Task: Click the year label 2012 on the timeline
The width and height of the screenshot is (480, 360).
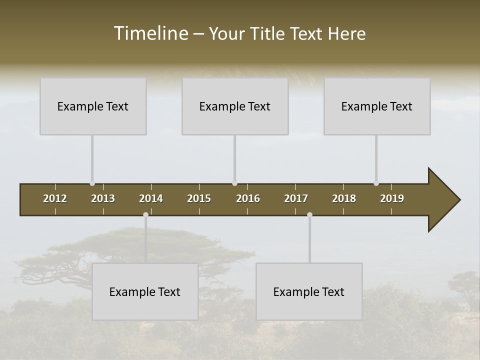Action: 55,198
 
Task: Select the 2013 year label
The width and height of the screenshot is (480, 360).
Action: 103,198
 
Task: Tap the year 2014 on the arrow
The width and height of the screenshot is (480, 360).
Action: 151,198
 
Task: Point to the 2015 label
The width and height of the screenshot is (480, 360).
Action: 199,198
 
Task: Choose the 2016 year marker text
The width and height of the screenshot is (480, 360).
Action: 248,198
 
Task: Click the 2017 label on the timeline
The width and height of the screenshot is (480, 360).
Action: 296,198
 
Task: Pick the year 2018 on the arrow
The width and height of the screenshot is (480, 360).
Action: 344,198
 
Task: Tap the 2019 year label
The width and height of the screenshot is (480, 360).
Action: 392,198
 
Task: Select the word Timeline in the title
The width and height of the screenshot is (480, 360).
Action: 150,33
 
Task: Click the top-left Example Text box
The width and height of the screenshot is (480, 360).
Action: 93,106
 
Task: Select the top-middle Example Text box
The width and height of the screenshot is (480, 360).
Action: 235,106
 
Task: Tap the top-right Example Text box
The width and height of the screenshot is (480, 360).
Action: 377,106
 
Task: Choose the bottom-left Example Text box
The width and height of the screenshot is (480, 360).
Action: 145,291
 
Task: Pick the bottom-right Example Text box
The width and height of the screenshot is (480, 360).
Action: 309,291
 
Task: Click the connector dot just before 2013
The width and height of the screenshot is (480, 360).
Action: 92,183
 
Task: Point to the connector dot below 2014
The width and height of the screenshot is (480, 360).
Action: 145,214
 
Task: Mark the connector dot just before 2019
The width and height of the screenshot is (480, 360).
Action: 376,183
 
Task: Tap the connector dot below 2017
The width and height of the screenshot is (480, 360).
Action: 309,214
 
